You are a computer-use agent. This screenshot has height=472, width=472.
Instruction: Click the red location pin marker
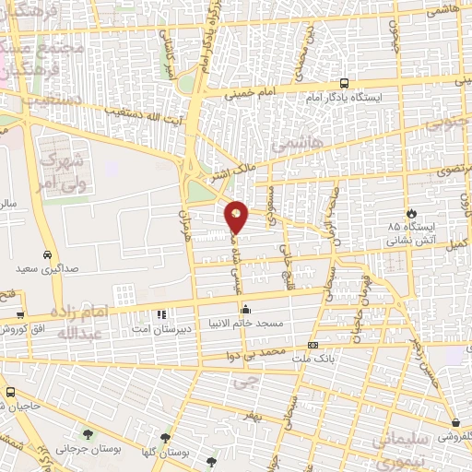pyautogui.click(x=237, y=217)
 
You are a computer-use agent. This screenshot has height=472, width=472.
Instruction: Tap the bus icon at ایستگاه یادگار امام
pyautogui.click(x=344, y=82)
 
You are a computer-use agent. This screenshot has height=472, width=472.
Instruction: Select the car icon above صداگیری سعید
pyautogui.click(x=46, y=255)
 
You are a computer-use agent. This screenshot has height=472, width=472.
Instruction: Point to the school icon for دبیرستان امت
pyautogui.click(x=162, y=314)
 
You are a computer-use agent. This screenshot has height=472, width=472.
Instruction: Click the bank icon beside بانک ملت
pyautogui.click(x=313, y=346)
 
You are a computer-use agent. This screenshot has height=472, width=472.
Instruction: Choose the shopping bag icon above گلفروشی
pyautogui.click(x=445, y=422)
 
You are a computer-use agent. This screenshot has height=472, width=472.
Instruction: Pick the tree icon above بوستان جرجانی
pyautogui.click(x=88, y=433)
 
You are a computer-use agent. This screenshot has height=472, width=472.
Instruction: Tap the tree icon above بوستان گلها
pyautogui.click(x=166, y=438)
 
